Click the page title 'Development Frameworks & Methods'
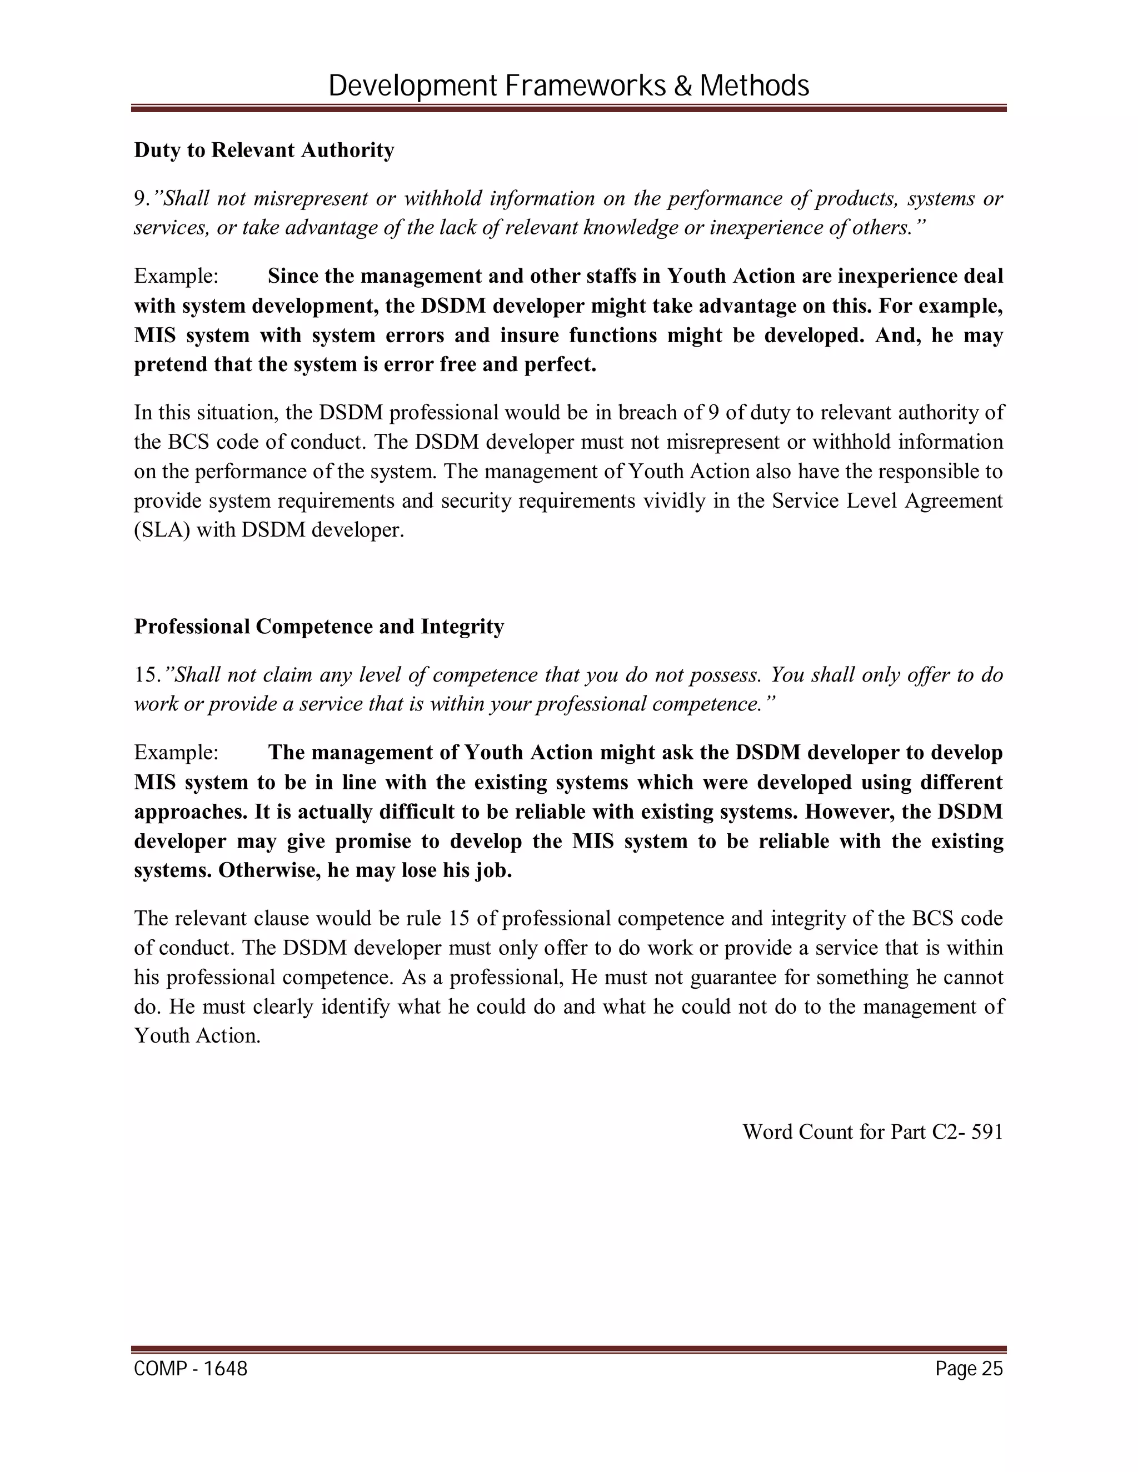[x=568, y=86]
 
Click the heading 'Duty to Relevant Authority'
[x=263, y=149]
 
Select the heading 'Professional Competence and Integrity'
[x=319, y=626]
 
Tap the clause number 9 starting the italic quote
[x=139, y=199]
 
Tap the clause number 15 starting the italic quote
[x=145, y=675]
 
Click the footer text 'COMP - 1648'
[x=191, y=1369]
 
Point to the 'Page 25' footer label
[x=969, y=1369]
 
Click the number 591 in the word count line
[x=987, y=1131]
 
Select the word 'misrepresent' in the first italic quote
[x=310, y=199]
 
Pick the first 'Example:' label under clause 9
[x=176, y=276]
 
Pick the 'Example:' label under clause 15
[x=176, y=753]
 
